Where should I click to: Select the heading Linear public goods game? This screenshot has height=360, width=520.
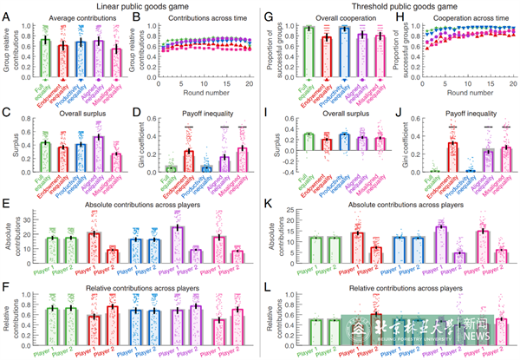coord(120,6)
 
